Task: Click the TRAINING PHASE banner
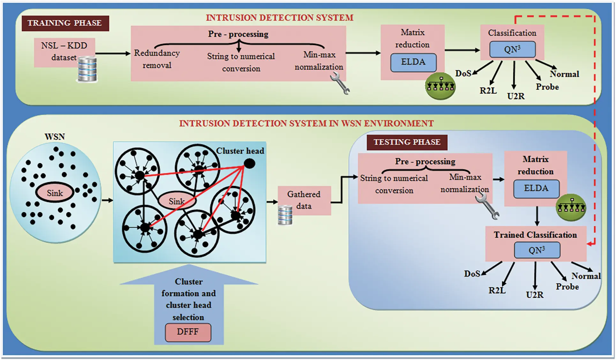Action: point(65,23)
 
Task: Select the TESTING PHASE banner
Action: point(407,142)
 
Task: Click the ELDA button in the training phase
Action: point(413,62)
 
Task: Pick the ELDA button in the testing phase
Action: point(536,189)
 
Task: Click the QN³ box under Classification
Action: point(512,50)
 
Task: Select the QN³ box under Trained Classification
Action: point(537,250)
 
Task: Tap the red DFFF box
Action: point(188,332)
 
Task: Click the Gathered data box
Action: point(304,200)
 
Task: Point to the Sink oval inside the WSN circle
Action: point(55,193)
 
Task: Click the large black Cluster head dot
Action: point(249,164)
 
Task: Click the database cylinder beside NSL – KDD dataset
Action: point(87,69)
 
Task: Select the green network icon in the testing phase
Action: point(571,207)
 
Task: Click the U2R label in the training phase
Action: point(515,96)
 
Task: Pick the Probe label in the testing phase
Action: point(567,287)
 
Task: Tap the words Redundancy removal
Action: point(157,59)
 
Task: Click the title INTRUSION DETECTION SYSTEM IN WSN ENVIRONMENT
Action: point(306,124)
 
